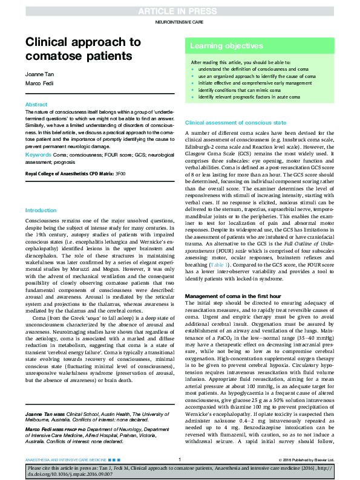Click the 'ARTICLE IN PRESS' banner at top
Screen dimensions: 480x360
(180, 11)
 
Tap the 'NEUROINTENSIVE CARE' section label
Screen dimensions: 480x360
(180, 22)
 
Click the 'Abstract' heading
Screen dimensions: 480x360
(36, 105)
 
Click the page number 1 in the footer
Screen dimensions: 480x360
(180, 459)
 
